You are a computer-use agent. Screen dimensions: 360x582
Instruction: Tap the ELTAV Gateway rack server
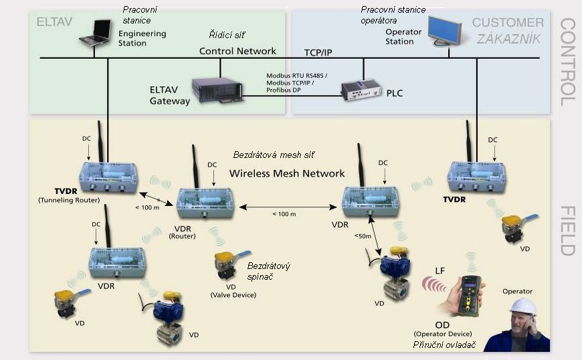pos(216,90)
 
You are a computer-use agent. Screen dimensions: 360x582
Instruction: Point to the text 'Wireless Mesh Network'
pos(287,173)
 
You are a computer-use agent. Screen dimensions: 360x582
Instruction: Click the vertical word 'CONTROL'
pos(567,62)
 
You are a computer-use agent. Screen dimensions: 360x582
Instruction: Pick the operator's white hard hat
pos(523,306)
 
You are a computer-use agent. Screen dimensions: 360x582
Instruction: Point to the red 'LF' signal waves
pos(433,286)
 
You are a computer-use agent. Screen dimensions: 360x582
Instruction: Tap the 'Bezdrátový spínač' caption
pos(268,272)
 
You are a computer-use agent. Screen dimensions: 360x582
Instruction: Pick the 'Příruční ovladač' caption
pos(445,344)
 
